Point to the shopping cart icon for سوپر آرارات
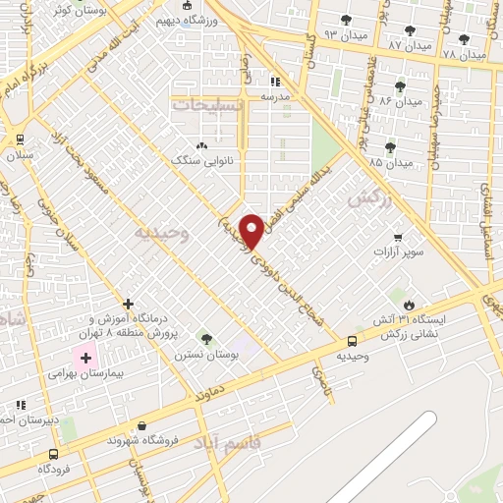[x=397, y=237]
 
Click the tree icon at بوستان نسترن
[x=205, y=339]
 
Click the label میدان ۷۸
[x=464, y=55]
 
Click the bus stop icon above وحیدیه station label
[x=352, y=340]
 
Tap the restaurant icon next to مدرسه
[x=275, y=82]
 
